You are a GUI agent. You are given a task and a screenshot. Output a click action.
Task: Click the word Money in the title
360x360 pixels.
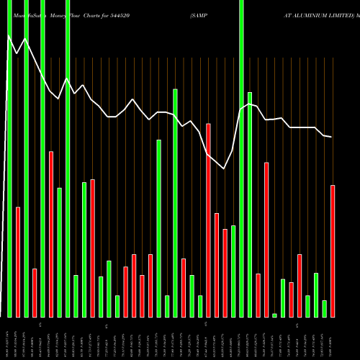point(48,14)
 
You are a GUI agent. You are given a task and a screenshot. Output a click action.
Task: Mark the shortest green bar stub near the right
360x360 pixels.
point(274,315)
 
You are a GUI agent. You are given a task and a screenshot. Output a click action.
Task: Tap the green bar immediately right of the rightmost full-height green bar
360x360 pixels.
point(250,204)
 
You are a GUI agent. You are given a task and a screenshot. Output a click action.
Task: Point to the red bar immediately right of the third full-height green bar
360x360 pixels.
point(51,234)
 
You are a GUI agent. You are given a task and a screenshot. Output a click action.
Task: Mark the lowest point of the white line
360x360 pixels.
point(224,168)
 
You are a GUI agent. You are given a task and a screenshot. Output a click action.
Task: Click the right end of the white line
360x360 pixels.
point(331,137)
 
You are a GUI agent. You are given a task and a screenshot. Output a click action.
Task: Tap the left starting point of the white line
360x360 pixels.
point(7,34)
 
